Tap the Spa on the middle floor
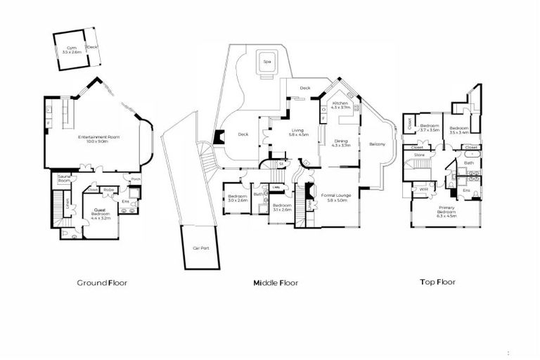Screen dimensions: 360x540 266,62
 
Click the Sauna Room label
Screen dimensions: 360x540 64,179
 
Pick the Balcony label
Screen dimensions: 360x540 377,144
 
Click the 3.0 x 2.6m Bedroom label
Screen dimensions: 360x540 237,198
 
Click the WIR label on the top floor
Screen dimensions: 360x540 423,189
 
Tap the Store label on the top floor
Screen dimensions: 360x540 420,154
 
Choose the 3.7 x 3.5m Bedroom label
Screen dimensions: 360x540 429,129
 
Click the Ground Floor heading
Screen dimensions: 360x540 101,283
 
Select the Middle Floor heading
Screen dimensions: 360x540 276,283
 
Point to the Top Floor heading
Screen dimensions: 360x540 437,282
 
